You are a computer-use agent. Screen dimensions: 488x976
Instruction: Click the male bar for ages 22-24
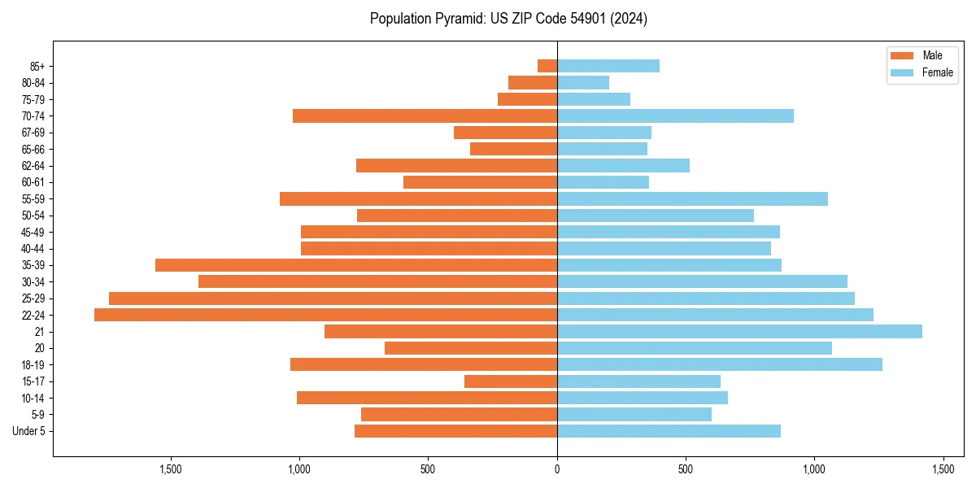click(x=325, y=315)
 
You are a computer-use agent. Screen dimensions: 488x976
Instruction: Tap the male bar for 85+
click(x=547, y=66)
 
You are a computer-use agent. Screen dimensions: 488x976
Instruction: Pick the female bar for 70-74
click(x=675, y=115)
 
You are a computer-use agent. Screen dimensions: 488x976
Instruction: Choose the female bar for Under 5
click(x=669, y=431)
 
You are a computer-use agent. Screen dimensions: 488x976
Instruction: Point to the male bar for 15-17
click(x=511, y=381)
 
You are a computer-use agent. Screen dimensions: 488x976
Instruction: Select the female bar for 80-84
click(x=583, y=82)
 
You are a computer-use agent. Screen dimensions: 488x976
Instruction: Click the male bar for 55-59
click(x=418, y=198)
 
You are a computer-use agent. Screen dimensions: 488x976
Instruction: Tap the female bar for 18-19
click(x=720, y=364)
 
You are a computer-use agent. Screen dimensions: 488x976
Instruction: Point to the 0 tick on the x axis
click(x=557, y=470)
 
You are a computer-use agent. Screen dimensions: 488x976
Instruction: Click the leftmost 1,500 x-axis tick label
click(x=171, y=470)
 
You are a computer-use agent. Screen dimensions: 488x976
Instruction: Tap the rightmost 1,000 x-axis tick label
click(x=814, y=470)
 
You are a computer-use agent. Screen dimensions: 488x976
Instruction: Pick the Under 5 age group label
click(x=29, y=431)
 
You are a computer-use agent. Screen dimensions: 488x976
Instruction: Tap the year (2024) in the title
click(x=632, y=19)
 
